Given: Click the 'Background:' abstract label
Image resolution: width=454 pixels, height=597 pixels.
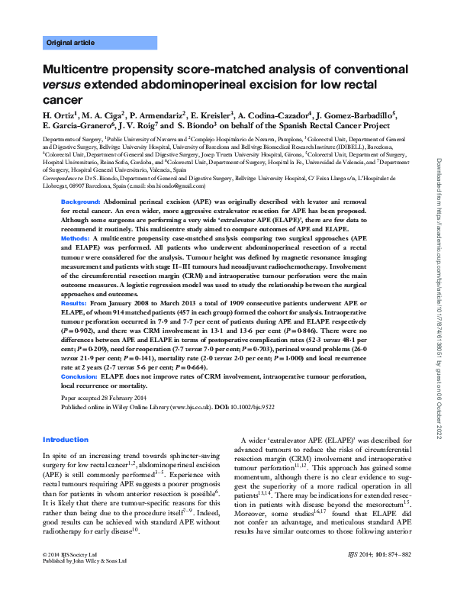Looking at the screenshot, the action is tap(81, 200).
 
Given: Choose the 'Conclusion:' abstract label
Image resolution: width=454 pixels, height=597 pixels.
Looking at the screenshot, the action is tap(79, 376).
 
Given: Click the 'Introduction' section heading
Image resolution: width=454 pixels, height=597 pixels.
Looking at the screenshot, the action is tap(66, 440).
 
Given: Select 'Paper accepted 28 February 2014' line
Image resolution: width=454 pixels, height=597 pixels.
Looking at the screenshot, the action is tap(103, 399).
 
